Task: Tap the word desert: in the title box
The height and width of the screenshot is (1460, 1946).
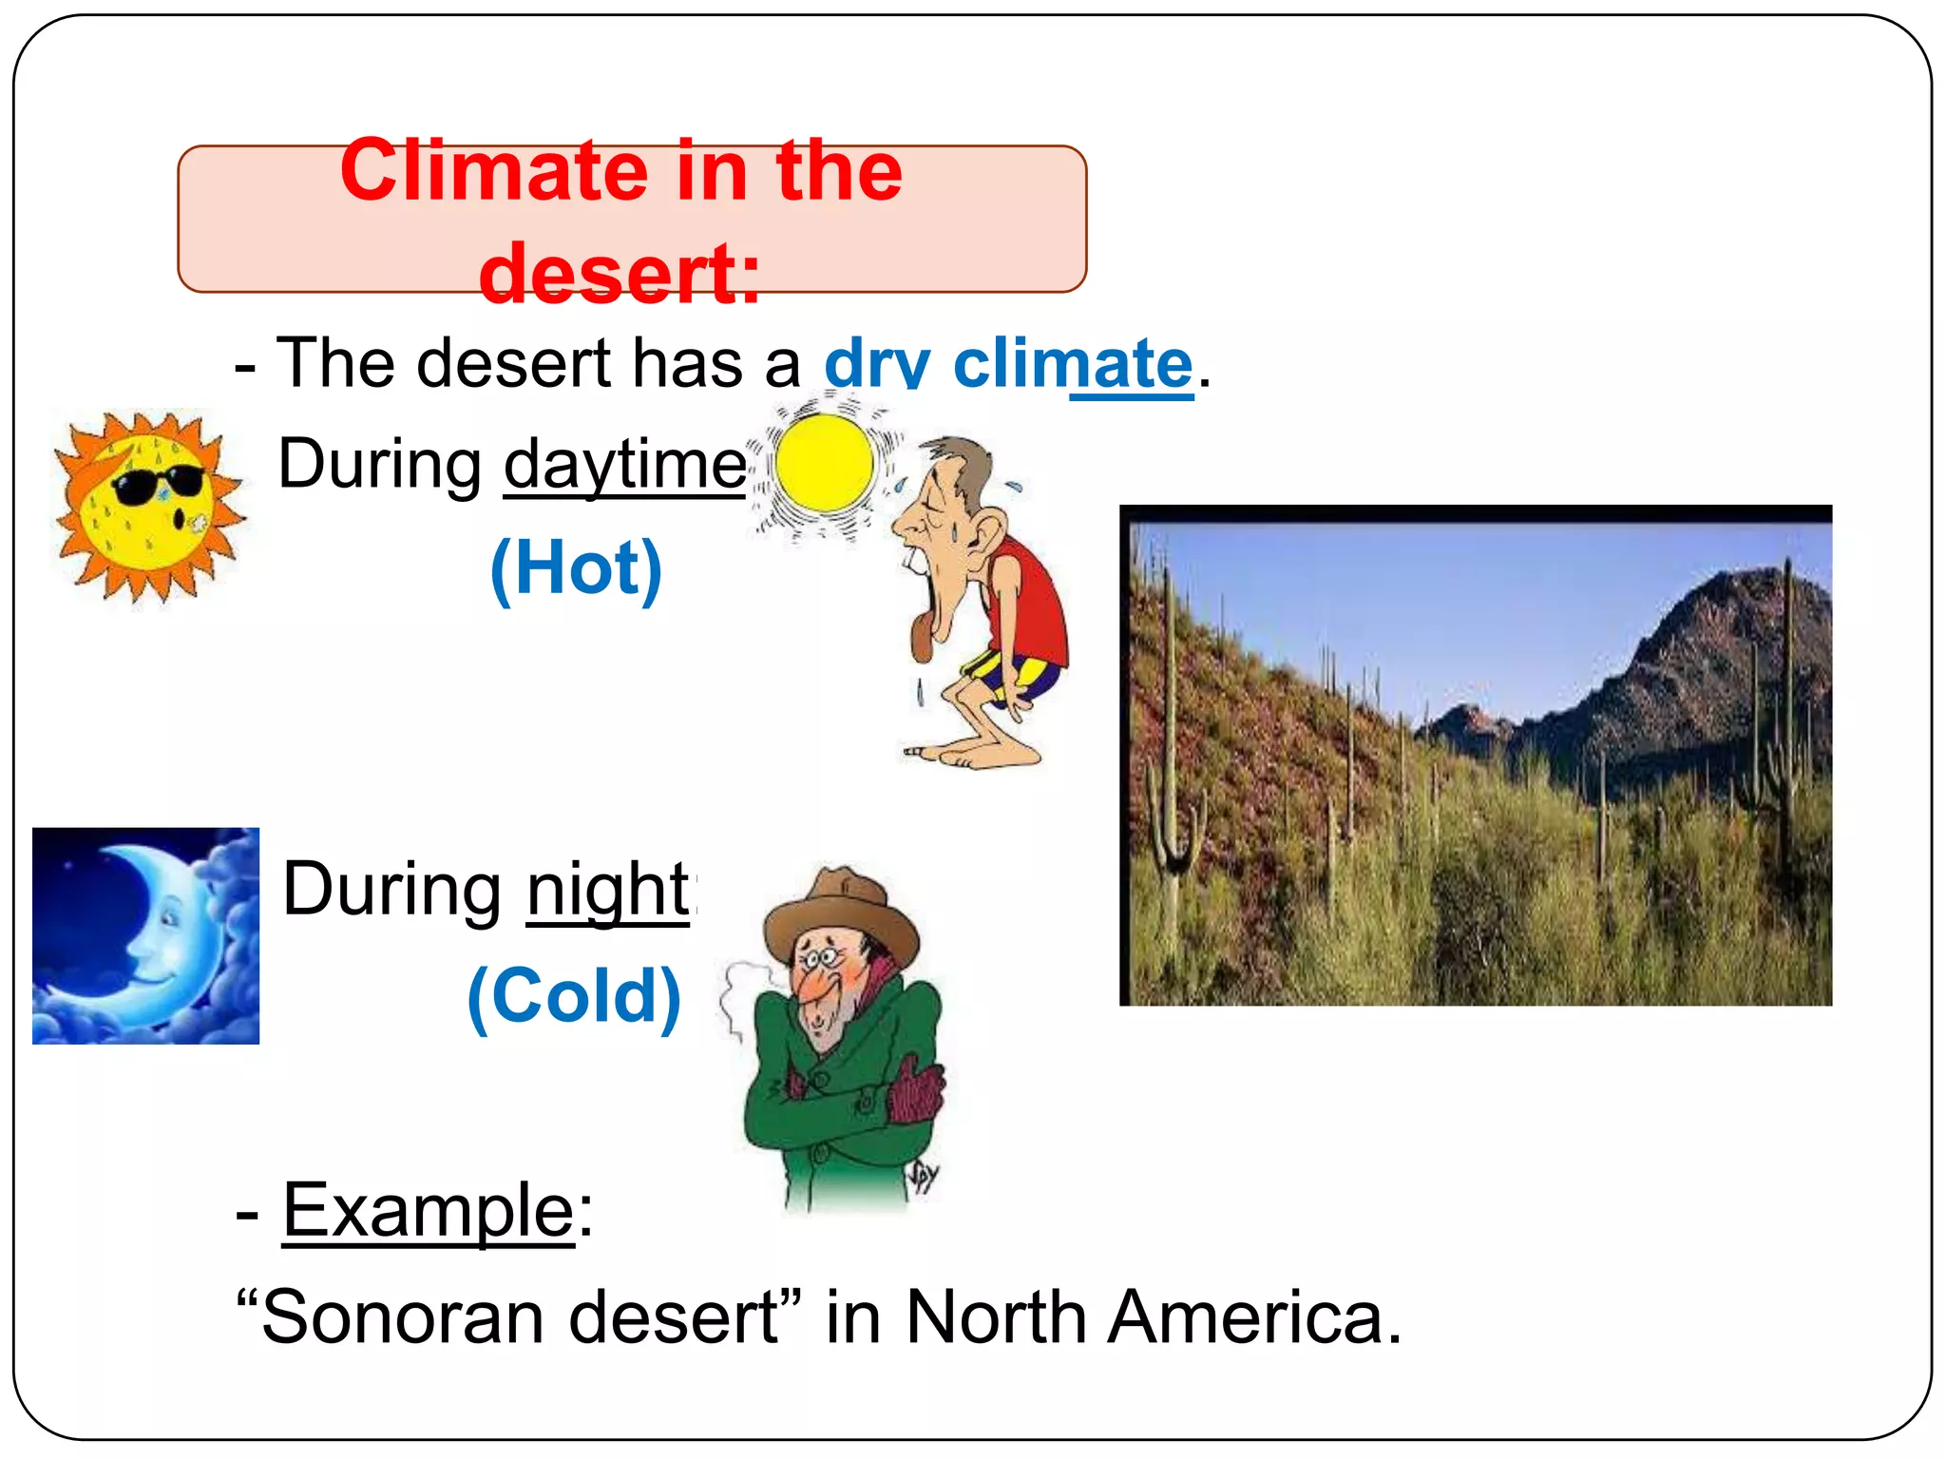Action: pos(620,274)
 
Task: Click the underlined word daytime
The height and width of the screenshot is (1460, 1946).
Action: pos(624,465)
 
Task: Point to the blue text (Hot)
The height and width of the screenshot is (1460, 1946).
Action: pos(576,568)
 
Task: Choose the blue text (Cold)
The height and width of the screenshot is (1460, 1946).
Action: pos(574,996)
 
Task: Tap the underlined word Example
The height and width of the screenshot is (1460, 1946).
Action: pos(429,1211)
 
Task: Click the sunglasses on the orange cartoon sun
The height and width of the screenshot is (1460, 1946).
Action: pos(158,485)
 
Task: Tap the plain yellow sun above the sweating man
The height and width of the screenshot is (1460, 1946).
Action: pos(824,464)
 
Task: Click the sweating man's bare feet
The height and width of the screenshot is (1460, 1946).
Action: pos(979,756)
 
